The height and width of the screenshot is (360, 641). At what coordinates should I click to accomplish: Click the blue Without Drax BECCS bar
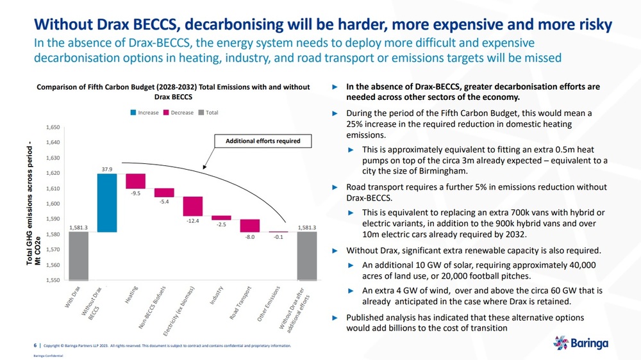(x=107, y=203)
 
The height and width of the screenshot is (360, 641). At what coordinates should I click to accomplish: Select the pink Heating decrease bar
(x=136, y=181)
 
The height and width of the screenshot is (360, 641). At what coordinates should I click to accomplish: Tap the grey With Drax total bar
(x=78, y=256)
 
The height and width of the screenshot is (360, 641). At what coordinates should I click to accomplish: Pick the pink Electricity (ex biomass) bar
(x=192, y=206)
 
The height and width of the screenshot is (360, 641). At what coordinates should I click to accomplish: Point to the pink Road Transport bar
(x=250, y=226)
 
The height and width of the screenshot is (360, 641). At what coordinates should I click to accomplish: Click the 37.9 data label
(x=107, y=169)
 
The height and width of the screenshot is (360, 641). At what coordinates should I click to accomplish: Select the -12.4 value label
(x=192, y=220)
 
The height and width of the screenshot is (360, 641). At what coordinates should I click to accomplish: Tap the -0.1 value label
(x=278, y=237)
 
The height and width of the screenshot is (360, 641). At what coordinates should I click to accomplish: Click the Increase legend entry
(x=145, y=112)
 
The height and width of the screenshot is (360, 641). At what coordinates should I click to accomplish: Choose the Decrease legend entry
(x=179, y=112)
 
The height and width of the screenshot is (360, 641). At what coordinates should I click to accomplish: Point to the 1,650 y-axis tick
(x=53, y=127)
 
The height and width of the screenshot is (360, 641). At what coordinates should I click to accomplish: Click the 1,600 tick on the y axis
(x=53, y=204)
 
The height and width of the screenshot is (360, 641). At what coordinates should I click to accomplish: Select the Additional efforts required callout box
(x=263, y=141)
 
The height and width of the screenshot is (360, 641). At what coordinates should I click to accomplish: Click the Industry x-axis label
(x=217, y=295)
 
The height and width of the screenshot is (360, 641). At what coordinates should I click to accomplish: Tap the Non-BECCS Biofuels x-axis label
(x=152, y=307)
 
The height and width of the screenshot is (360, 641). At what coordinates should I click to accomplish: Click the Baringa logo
(x=581, y=343)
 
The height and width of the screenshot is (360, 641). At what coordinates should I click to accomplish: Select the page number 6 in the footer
(x=35, y=345)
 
